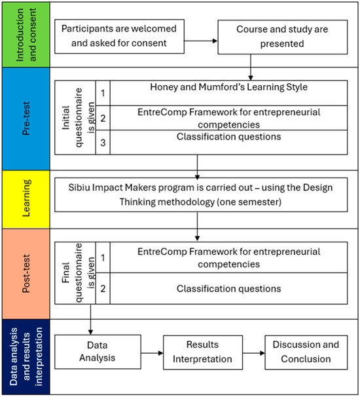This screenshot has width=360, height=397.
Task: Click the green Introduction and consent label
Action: click(x=26, y=35)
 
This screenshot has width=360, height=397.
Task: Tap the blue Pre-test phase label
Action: click(x=26, y=119)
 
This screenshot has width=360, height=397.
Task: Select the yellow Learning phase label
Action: click(x=26, y=199)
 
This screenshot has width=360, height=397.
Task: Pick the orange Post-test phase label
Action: click(x=26, y=274)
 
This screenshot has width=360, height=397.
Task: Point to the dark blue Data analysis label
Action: click(x=26, y=357)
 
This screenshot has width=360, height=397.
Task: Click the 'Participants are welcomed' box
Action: click(x=119, y=37)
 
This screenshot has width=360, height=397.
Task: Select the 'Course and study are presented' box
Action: click(x=283, y=37)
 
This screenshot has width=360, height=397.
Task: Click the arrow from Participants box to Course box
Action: click(x=201, y=41)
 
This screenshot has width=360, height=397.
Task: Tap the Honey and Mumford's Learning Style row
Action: click(x=228, y=93)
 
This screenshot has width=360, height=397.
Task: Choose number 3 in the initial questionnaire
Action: click(x=103, y=143)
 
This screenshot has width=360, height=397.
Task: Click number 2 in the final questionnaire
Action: click(x=103, y=288)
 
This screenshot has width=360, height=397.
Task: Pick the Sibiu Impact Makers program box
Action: click(x=201, y=195)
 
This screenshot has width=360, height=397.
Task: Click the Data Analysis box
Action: click(x=98, y=352)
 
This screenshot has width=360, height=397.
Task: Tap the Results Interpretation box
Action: click(x=203, y=352)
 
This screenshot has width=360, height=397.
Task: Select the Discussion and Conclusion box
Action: click(x=306, y=352)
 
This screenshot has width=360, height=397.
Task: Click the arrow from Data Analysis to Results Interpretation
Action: click(x=152, y=353)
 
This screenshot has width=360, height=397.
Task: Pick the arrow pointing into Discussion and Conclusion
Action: click(x=254, y=353)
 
